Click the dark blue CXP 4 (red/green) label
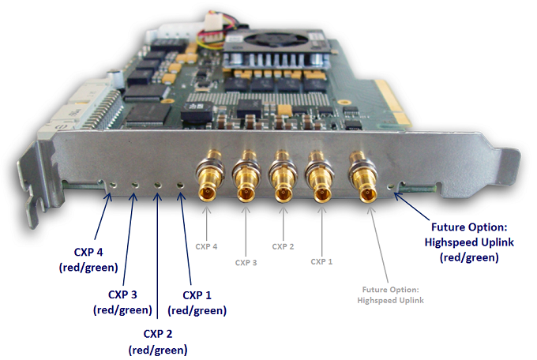coord(88,260)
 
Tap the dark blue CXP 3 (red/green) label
coord(122,302)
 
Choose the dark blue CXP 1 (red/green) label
coord(197,302)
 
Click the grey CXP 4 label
coord(206,246)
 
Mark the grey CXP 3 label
coord(246,262)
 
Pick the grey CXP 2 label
coord(284,246)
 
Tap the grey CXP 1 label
coord(321,261)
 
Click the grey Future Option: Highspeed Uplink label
coord(391,294)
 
